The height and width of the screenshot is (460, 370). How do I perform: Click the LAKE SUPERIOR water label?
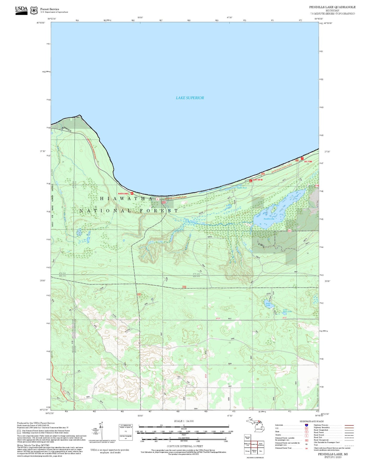coord(190,98)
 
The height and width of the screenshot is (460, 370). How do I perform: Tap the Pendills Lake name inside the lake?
coord(269,219)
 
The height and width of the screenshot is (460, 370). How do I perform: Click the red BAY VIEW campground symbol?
coord(251,181)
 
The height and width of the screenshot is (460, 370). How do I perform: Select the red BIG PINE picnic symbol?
coord(302,158)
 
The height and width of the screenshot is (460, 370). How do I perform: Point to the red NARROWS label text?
coord(123,194)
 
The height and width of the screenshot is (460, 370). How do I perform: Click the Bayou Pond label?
coord(242,188)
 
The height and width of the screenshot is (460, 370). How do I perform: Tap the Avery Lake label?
coord(268,304)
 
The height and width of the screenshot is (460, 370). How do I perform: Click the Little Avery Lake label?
coord(287,311)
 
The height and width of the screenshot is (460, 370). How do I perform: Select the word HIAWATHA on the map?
coord(126,198)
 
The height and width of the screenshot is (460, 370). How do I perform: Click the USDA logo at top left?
coord(21,10)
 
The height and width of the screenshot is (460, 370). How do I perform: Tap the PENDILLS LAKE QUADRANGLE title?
coord(332,7)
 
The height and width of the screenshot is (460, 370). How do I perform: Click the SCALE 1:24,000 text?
coord(184,421)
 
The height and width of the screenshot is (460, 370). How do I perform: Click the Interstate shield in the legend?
coord(306,425)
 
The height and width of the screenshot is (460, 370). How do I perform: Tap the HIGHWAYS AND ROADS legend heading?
coord(311,421)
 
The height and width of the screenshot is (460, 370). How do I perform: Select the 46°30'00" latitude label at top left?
coord(41,23)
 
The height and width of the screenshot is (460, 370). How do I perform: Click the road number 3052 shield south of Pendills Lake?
coord(289,231)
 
